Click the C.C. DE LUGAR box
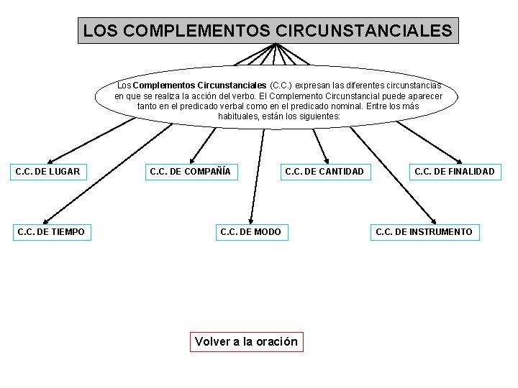tap(47, 172)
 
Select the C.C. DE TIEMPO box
tap(50, 231)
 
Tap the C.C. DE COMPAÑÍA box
tap(190, 172)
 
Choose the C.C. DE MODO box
tap(250, 231)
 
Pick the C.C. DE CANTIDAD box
tap(324, 172)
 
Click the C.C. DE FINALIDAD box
tap(454, 172)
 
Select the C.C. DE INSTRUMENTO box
tap(424, 231)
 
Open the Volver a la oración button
tap(247, 341)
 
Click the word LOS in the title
tap(96, 32)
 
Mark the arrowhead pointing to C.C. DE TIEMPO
tap(45, 221)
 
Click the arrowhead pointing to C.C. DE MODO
tap(250, 220)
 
